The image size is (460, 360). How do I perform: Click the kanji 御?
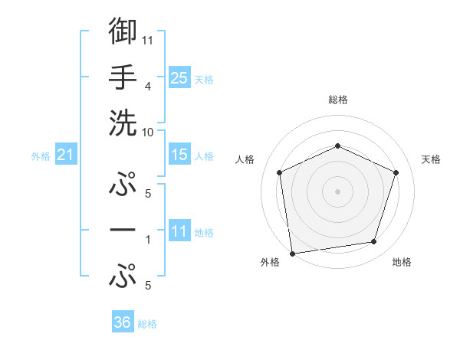point(123,31)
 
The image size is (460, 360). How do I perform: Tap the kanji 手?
point(123,77)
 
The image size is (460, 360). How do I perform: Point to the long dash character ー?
point(123,230)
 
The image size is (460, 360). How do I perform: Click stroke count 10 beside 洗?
point(148,132)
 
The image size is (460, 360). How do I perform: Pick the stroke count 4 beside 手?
point(148,87)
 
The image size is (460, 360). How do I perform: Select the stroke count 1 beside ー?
point(148,240)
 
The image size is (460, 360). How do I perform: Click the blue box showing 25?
point(179,77)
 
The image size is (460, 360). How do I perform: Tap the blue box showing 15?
point(179,155)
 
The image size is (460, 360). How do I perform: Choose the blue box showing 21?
point(66,155)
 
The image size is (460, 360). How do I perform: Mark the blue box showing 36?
point(123,322)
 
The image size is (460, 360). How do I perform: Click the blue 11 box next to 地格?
point(179,231)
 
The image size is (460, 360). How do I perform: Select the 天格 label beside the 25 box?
point(204,79)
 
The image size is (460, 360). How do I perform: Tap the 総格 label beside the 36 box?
point(148,324)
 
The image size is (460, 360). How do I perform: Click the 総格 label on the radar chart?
point(338,100)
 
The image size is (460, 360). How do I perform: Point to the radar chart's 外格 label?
point(270,262)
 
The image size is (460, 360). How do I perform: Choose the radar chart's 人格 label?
point(245,159)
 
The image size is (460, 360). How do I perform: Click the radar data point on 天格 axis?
point(396,172)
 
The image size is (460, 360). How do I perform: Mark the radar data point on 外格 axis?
point(292,253)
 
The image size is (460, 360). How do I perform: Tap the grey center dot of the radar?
point(337,191)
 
